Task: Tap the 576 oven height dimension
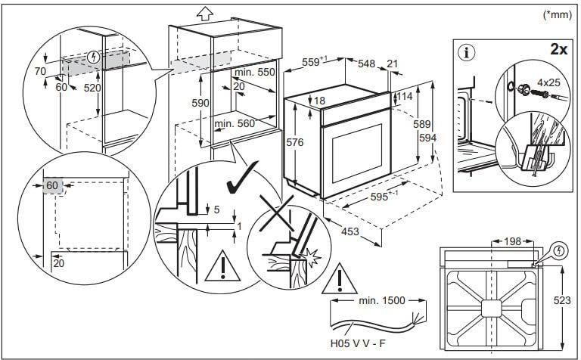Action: (294, 141)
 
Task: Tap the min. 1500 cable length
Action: (377, 301)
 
